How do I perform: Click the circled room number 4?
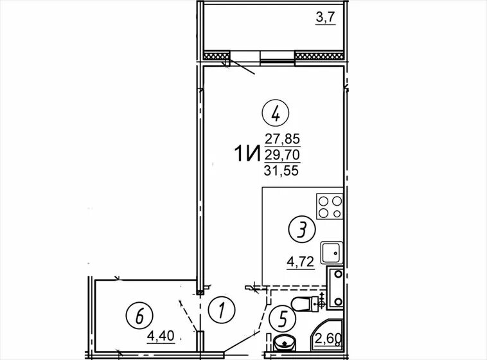pos(276,114)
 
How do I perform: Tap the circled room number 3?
pos(302,230)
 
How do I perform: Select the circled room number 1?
pos(222,310)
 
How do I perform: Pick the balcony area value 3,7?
pos(326,17)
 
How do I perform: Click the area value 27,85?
pos(282,139)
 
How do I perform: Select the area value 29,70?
pos(282,154)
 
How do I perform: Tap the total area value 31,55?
pos(281,170)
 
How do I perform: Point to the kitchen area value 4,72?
pos(300,262)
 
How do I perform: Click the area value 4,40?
pos(161,336)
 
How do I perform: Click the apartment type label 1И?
pos(247,154)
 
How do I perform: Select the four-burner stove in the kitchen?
pos(330,206)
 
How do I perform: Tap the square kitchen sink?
pos(332,252)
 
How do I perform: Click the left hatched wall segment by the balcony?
pos(217,57)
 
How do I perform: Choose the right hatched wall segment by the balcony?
pos(319,57)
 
